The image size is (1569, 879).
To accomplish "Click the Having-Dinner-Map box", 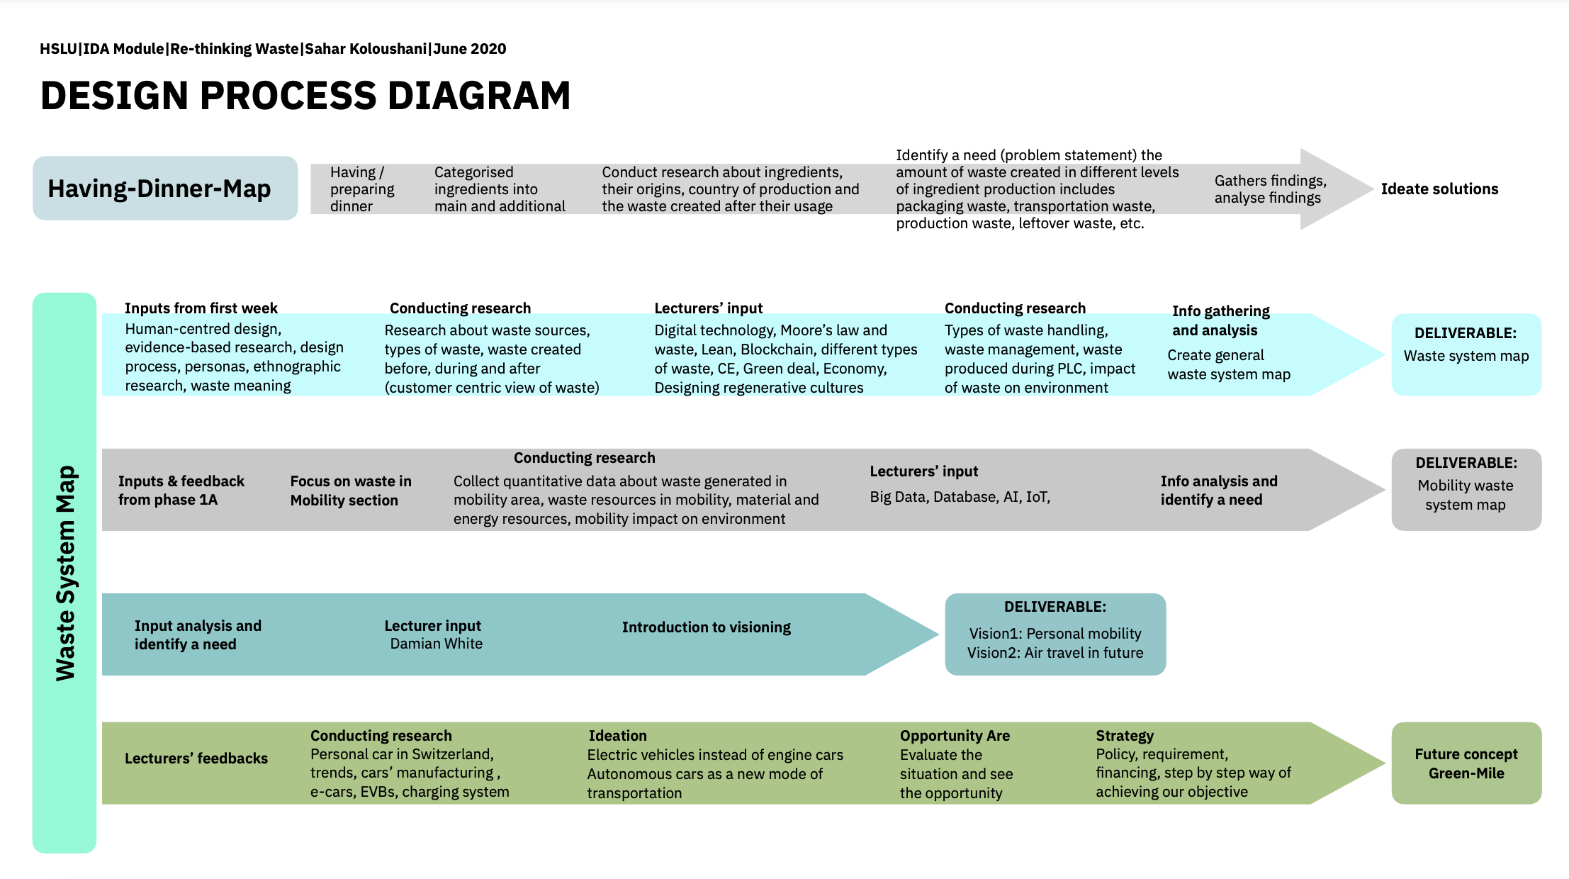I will click(x=165, y=189).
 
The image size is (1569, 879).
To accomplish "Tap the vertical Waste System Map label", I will click(x=64, y=573).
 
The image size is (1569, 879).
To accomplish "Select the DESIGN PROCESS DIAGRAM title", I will click(x=305, y=96).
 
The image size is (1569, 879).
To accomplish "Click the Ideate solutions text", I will click(x=1439, y=189).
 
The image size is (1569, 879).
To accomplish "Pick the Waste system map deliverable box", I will click(x=1466, y=354).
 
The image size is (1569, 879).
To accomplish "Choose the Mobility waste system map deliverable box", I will click(x=1466, y=490).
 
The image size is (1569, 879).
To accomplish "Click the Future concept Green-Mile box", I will click(x=1466, y=763).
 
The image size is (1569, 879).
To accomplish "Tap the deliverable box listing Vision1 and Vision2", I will click(x=1055, y=634).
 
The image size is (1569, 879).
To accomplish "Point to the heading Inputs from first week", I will click(x=201, y=308).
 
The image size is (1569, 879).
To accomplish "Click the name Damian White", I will click(x=436, y=644).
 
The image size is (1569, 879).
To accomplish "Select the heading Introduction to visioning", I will click(x=706, y=627).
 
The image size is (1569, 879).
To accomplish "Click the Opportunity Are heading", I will click(x=955, y=736).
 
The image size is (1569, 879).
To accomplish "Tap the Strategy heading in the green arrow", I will click(x=1125, y=736).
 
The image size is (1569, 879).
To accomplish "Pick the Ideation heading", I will click(x=617, y=736).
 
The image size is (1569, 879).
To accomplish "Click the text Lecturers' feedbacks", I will click(x=196, y=758).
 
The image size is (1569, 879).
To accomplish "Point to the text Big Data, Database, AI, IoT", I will click(x=960, y=497).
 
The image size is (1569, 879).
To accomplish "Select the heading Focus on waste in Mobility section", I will click(x=351, y=491).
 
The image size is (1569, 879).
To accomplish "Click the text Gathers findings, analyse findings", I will click(x=1270, y=189).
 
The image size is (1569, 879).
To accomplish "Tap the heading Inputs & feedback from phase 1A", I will click(x=181, y=491).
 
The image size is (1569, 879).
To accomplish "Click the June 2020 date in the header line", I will click(x=470, y=49).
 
